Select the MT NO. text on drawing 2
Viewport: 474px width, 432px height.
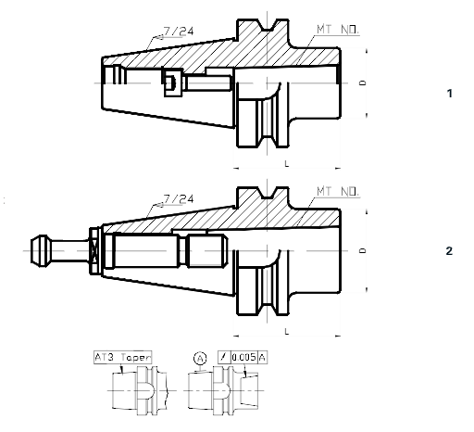[336, 190]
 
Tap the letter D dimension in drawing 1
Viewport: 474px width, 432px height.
[362, 83]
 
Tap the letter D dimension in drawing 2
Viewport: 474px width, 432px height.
[362, 250]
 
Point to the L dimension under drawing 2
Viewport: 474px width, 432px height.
[288, 331]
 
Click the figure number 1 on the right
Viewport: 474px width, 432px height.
[449, 95]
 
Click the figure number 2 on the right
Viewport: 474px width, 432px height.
[449, 251]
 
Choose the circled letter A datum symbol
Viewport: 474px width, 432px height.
[199, 356]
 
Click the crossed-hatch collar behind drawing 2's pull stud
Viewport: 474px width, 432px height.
[94, 250]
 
